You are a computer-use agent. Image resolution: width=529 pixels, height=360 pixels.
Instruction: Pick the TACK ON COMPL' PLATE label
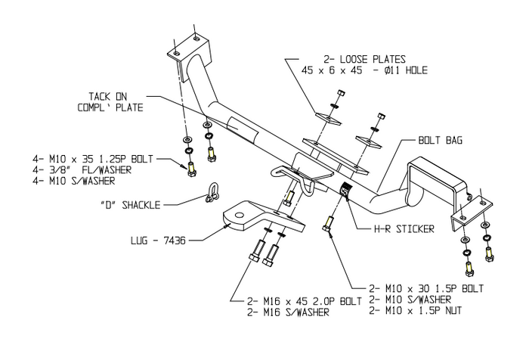pyautogui.click(x=110, y=102)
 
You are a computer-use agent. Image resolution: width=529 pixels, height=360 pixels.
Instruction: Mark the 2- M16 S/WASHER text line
pyautogui.click(x=288, y=312)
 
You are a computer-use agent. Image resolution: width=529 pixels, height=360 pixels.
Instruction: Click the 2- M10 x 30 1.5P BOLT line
pyautogui.click(x=425, y=289)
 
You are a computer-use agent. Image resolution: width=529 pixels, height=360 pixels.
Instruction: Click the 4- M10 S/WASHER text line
pyautogui.click(x=74, y=181)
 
